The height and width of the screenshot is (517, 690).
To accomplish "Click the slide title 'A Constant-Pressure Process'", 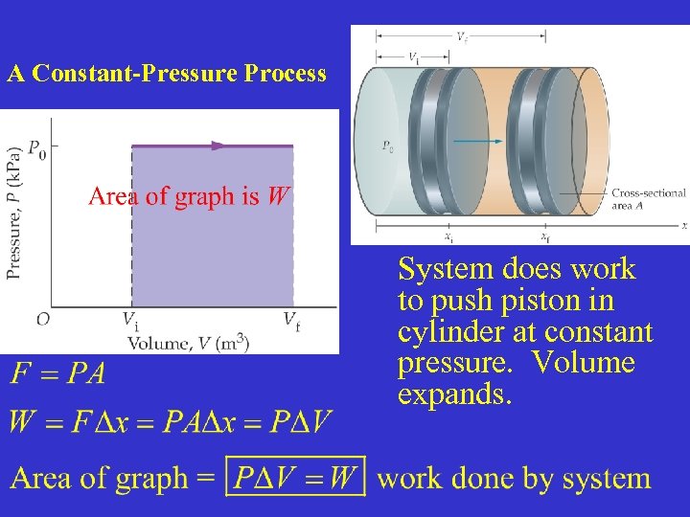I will click(167, 74).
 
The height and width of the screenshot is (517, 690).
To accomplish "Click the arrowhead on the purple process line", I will click(219, 146).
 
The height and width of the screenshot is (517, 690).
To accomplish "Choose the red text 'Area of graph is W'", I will click(188, 197).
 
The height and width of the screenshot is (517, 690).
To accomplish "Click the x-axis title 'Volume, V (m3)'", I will click(188, 342).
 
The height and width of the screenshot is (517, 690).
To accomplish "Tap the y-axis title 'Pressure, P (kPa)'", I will click(13, 213).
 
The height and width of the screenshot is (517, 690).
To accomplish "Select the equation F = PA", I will click(58, 373).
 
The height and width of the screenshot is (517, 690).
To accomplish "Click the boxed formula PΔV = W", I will click(295, 477).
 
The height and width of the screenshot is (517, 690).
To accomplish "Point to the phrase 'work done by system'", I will click(514, 478).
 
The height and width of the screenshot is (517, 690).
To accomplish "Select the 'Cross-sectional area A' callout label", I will click(648, 198).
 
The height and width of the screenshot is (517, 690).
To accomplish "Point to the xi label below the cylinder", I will click(448, 237).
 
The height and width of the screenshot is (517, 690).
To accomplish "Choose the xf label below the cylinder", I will click(544, 237).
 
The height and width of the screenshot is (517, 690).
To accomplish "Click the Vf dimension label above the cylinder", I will click(462, 37).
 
